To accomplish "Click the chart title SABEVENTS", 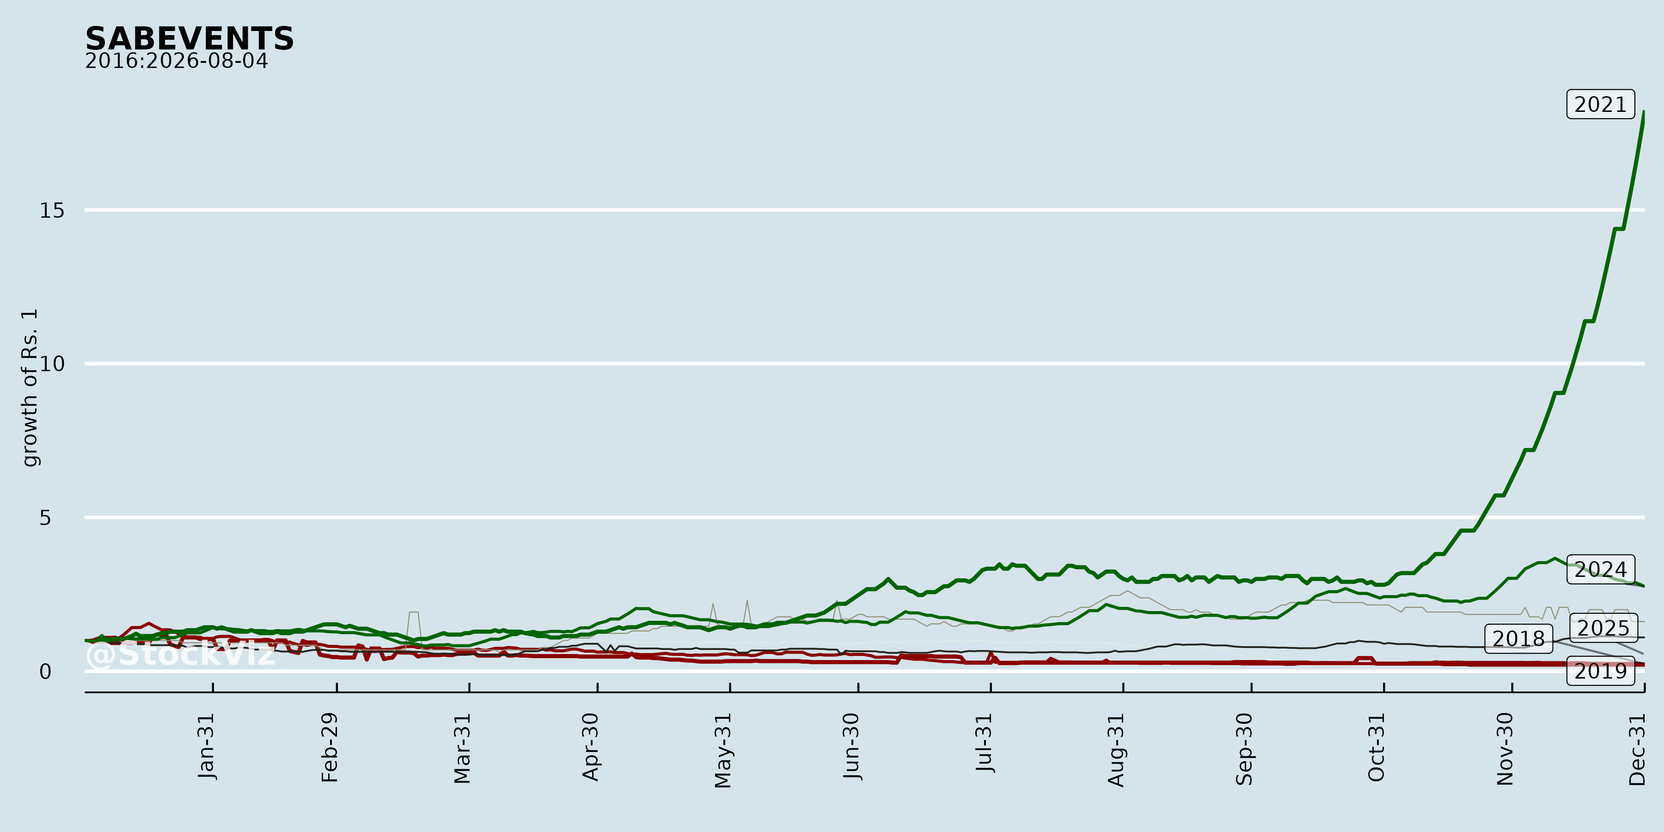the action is [189, 39].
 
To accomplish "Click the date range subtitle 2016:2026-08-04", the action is [177, 61].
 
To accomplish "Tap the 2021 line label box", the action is [1601, 104].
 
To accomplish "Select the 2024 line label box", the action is [1601, 569].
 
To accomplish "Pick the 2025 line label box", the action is [1604, 627].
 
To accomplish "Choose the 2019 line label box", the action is [1601, 671].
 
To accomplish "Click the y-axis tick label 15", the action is [52, 211].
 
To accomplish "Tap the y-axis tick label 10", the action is [52, 364].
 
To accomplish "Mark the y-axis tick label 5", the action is [45, 517].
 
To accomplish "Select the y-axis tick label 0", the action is [45, 672].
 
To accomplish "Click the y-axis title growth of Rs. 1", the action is [30, 388].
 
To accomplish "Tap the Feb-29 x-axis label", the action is [330, 747].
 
